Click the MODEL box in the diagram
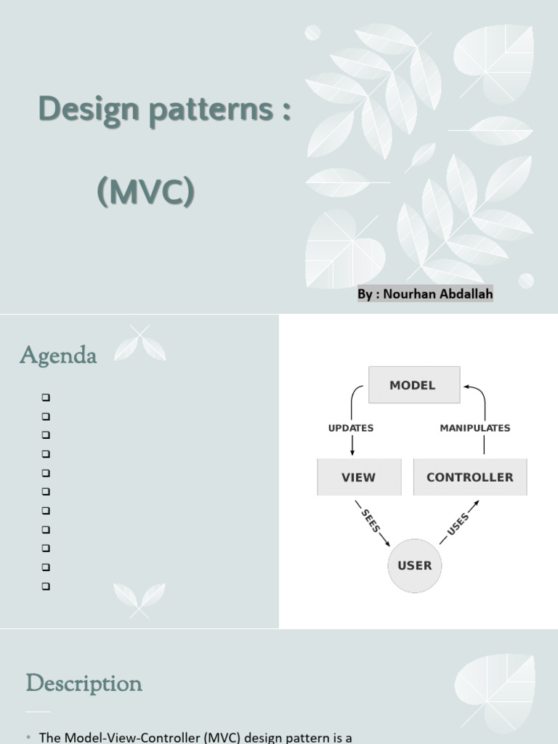click(413, 385)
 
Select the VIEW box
click(359, 477)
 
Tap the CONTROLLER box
click(469, 477)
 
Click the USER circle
click(415, 565)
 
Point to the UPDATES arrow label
click(351, 428)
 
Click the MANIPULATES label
click(475, 428)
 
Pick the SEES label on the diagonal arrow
click(371, 520)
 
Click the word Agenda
click(58, 356)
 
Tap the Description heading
click(84, 683)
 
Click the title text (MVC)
click(146, 192)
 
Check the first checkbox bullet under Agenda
click(46, 397)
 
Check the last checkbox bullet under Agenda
click(46, 586)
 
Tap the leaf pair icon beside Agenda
click(140, 344)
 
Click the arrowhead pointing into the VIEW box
click(352, 453)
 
